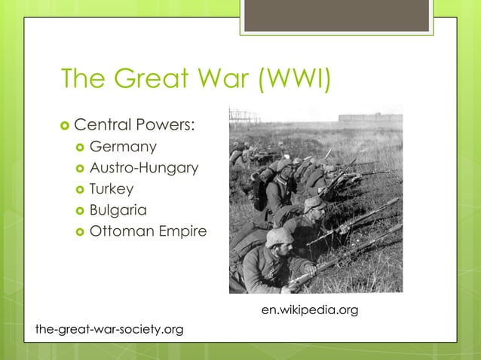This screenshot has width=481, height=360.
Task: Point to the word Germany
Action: point(123,145)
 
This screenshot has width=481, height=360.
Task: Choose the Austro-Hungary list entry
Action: point(144,167)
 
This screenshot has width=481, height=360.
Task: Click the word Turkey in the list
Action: point(112,188)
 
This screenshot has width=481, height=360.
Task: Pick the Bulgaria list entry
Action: point(118,209)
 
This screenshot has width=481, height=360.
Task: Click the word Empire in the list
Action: point(182,231)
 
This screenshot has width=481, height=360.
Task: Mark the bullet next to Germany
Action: point(79,146)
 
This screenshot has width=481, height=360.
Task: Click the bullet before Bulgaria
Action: point(79,210)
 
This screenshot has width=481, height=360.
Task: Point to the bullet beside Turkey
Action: point(79,189)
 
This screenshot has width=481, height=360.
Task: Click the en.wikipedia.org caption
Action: point(309,310)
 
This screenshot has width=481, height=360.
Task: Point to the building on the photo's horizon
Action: point(369,118)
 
